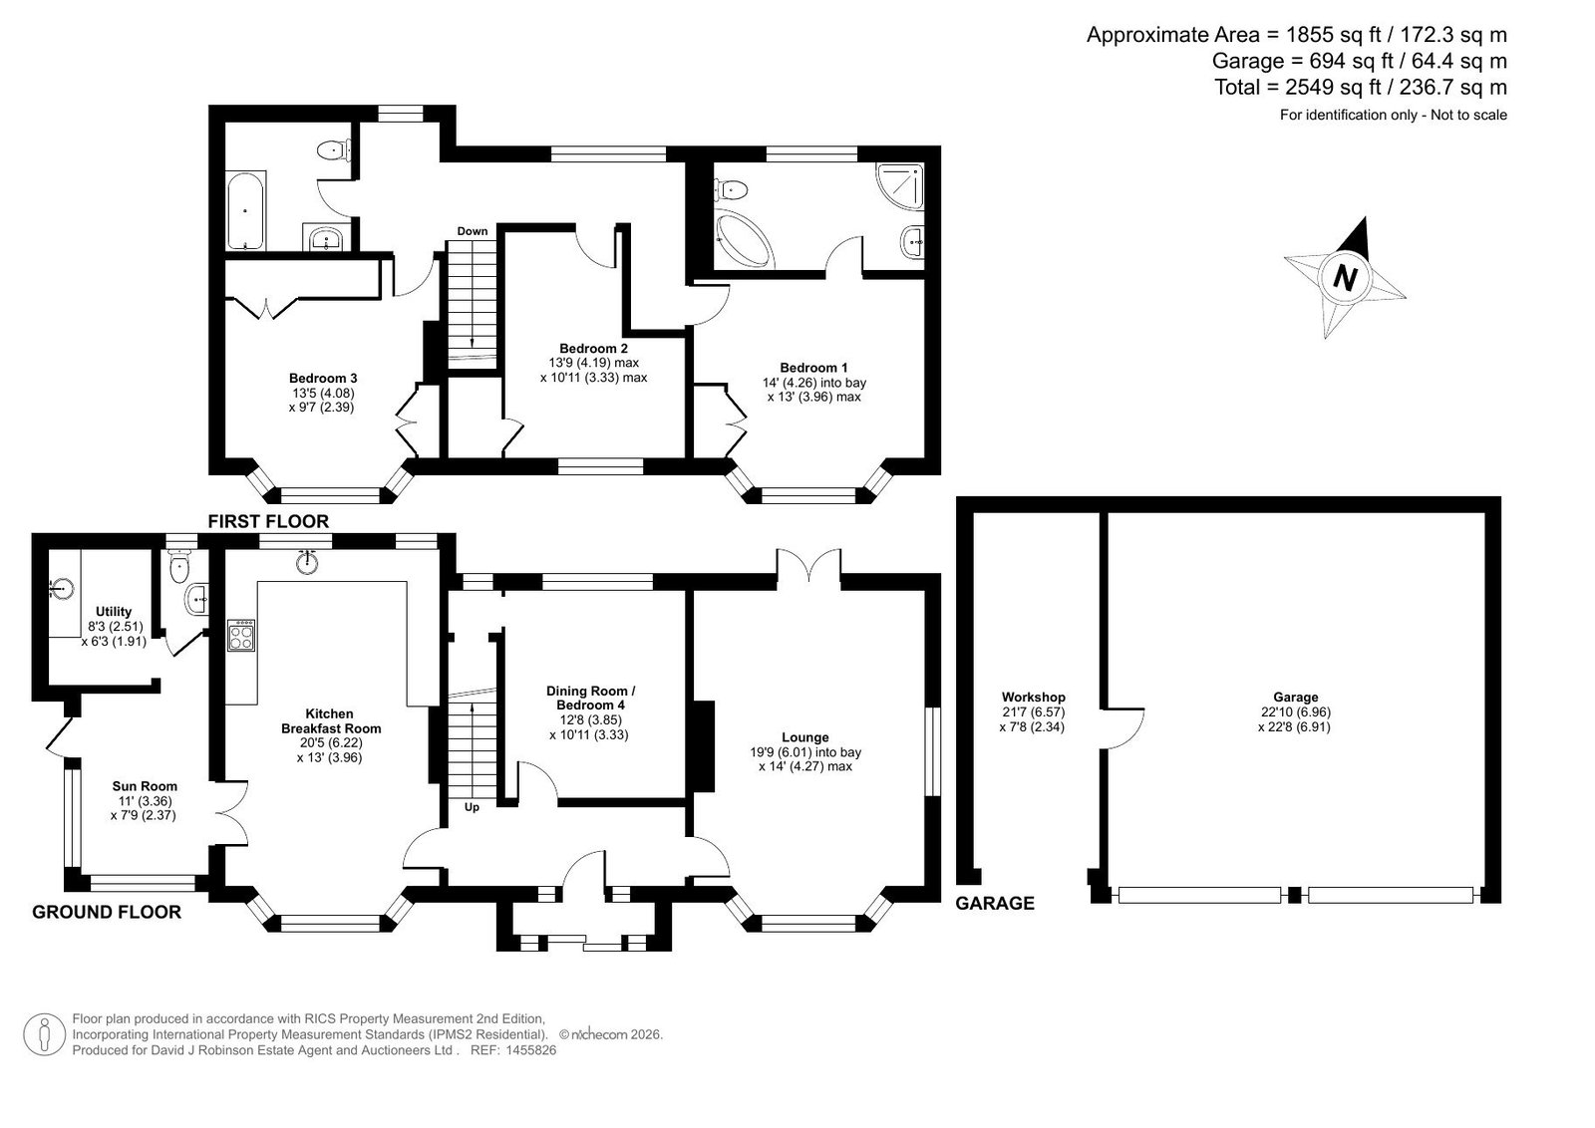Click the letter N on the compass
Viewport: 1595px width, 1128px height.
1345,278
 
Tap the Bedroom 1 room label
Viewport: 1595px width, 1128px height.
813,368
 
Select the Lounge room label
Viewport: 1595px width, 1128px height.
805,737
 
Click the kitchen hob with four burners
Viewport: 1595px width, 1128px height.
241,635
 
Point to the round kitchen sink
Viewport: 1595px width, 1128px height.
307,562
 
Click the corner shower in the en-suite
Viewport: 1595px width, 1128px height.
901,187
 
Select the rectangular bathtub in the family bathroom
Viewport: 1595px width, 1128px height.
246,210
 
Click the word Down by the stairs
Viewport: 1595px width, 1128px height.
473,231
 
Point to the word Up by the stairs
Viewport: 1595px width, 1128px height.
472,807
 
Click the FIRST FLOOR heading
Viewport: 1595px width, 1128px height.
268,522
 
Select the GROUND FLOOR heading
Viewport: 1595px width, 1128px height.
107,912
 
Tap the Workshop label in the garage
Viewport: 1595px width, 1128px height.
1033,697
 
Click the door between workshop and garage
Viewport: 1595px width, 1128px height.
1121,727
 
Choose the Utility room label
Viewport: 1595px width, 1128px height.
114,611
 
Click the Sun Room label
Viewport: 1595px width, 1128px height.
145,786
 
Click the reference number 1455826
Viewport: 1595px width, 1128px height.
530,1050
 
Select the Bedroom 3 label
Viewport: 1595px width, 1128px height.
323,378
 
